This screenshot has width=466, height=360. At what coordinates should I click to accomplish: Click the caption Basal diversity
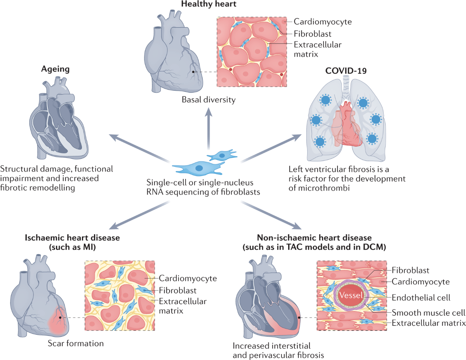[209, 100]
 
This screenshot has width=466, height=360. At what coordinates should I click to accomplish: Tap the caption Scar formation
[76, 343]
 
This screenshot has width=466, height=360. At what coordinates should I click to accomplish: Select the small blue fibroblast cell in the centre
[222, 155]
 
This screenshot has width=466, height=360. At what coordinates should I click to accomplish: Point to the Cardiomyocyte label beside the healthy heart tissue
[323, 22]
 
